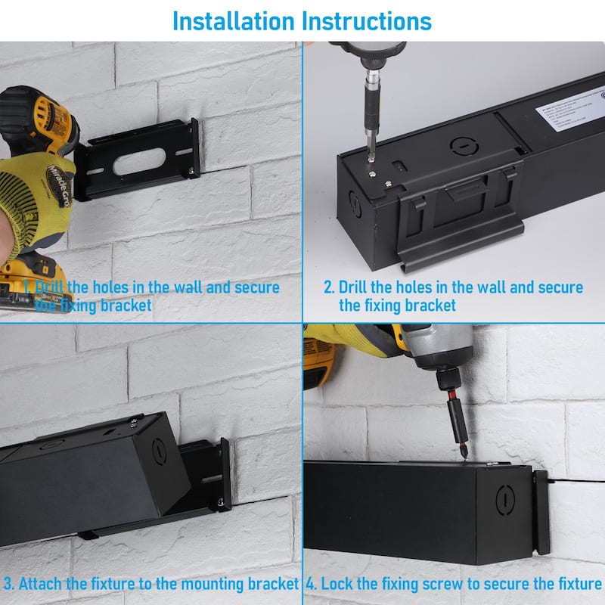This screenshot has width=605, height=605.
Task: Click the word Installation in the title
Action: pyautogui.click(x=233, y=20)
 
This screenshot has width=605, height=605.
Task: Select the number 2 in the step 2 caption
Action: pyautogui.click(x=328, y=287)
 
